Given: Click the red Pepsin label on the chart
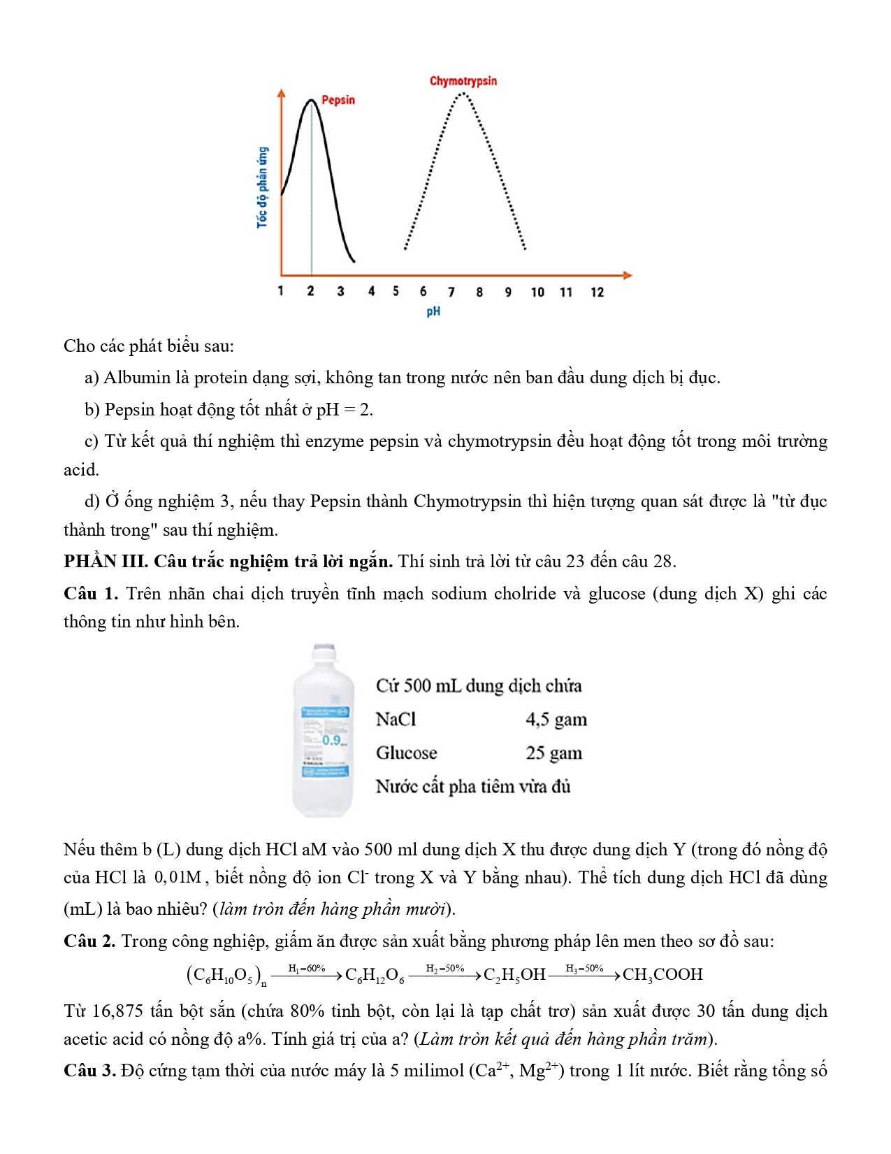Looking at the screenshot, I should click(338, 100).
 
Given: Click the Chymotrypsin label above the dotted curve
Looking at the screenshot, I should click(463, 81).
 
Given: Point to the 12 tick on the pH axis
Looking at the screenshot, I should click(597, 292).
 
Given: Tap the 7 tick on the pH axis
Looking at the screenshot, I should click(451, 292).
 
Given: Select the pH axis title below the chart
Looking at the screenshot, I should click(433, 311).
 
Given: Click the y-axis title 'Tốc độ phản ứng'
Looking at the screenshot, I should click(262, 187).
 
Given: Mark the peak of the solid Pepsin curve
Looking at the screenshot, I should click(311, 101).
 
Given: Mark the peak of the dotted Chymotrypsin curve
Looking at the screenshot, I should click(462, 93).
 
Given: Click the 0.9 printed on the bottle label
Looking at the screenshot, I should click(332, 739).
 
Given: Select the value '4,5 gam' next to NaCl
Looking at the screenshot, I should click(556, 719).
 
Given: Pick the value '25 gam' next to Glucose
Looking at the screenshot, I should click(553, 753).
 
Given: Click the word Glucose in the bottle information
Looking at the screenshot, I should click(406, 753).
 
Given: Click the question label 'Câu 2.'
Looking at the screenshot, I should click(89, 941).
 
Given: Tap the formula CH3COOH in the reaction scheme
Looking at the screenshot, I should click(662, 974).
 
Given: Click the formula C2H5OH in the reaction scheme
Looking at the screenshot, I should click(514, 974).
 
